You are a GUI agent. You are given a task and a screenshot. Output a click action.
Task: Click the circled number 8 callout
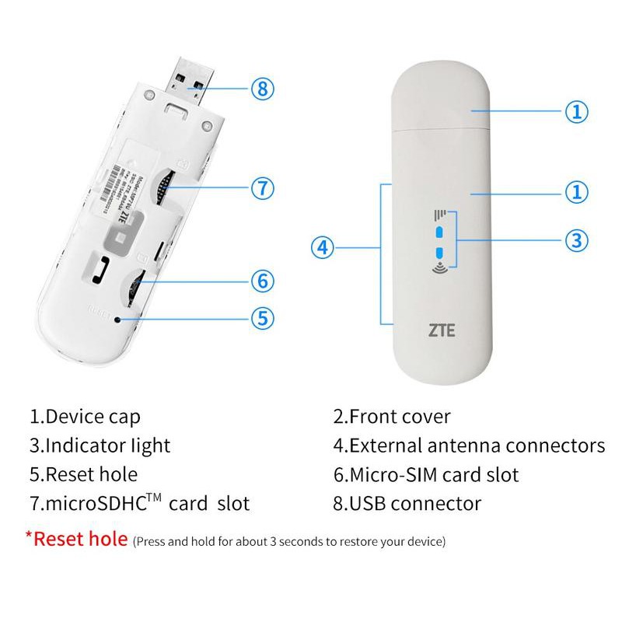263,89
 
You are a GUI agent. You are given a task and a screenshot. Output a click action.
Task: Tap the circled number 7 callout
263,187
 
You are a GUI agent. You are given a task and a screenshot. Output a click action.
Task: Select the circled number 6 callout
263,281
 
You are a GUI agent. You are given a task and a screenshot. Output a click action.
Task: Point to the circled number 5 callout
263,317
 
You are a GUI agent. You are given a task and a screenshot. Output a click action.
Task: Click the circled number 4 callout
323,248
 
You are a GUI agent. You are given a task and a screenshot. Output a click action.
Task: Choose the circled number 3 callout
575,240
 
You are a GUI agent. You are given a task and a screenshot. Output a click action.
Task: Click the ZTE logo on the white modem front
442,330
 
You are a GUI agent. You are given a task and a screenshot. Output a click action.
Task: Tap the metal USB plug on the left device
189,79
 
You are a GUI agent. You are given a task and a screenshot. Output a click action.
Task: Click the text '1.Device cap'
86,416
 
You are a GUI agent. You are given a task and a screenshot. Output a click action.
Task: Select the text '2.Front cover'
392,416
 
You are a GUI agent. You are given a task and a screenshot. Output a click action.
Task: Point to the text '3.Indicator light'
100,446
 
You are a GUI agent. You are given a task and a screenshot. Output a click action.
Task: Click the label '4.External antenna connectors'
469,446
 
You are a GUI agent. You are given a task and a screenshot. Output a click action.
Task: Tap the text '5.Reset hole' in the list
83,474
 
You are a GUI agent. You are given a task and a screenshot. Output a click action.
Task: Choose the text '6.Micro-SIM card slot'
425,474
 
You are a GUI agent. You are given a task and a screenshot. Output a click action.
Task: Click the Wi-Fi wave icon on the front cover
439,270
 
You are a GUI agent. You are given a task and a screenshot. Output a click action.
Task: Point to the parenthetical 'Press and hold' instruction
289,540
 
